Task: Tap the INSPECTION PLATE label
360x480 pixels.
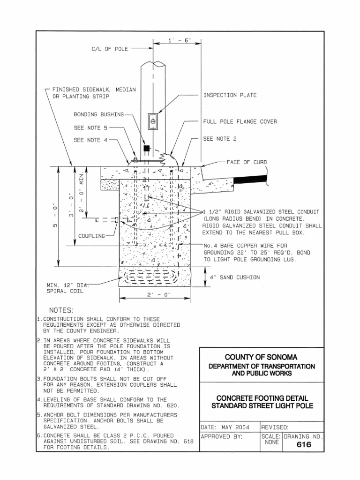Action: click(x=230, y=95)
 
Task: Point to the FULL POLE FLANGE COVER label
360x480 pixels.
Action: click(x=240, y=121)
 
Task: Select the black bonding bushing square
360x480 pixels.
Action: click(x=147, y=148)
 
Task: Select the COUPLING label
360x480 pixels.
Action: click(x=92, y=236)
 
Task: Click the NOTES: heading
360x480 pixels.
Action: click(x=61, y=310)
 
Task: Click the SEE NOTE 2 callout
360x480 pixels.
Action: click(x=220, y=139)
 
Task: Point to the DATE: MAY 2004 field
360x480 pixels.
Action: click(x=225, y=427)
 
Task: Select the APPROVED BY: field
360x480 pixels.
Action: click(x=221, y=436)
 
